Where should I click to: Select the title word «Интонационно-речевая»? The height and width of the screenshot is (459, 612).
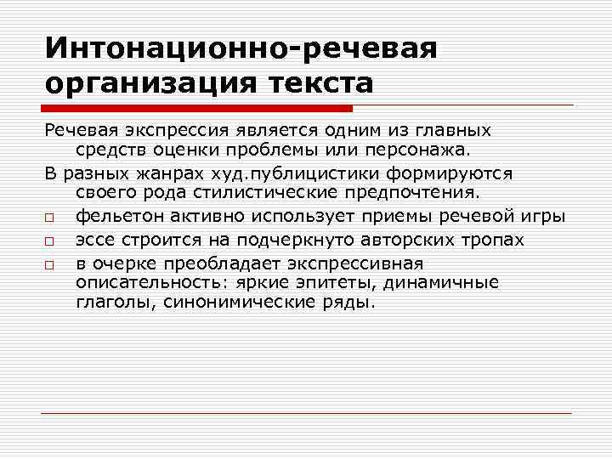(241, 48)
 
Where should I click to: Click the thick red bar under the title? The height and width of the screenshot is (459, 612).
(195, 109)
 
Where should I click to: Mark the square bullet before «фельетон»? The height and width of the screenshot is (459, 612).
(50, 217)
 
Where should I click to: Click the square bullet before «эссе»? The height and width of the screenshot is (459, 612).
(50, 241)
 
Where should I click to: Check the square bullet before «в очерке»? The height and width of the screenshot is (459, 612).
(50, 264)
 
